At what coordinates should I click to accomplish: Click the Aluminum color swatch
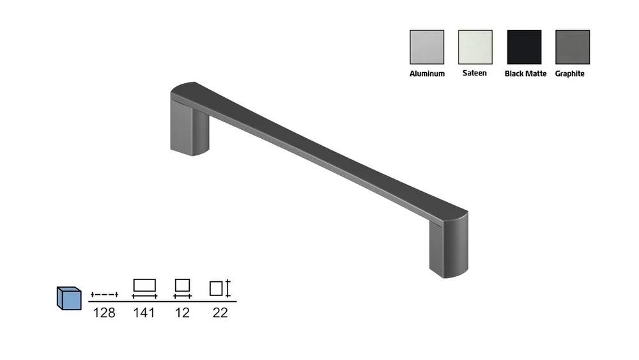tap(427, 47)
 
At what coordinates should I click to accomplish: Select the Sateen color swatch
tap(475, 47)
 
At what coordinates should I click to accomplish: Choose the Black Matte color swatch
tap(524, 47)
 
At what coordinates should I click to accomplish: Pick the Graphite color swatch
tap(573, 47)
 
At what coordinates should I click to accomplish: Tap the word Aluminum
tap(427, 74)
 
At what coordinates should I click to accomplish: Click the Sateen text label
tap(474, 73)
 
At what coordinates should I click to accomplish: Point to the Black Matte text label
tap(525, 74)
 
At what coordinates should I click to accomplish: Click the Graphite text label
tap(570, 74)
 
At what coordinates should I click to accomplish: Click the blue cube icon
tap(69, 299)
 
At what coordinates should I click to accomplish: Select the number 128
tap(104, 313)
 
